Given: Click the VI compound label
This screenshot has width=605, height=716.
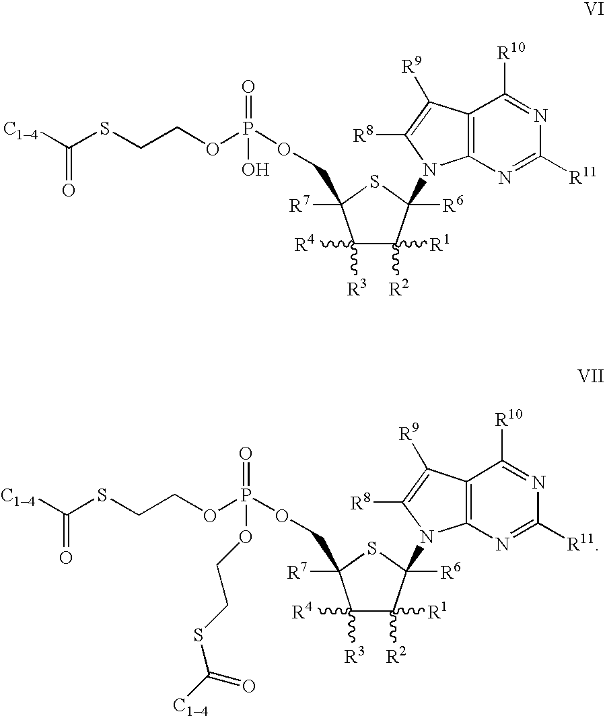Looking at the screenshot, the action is pos(594,9).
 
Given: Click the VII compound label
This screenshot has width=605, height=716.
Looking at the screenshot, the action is pos(591,376).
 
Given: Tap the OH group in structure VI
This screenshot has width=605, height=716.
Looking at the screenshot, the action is pos(255,170).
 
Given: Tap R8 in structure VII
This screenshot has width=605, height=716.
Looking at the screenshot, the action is pos(361,503).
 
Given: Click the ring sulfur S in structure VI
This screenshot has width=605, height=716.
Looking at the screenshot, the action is pos(374,183).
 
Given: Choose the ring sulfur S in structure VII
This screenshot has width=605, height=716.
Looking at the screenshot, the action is pos(372,550).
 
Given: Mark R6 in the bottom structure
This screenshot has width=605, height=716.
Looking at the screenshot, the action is pos(450,572).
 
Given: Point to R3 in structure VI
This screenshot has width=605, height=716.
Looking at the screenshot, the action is pos(357,289).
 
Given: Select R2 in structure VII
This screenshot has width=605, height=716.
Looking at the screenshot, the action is pos(396,656).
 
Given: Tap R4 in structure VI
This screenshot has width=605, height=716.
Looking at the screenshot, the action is pos(304,245).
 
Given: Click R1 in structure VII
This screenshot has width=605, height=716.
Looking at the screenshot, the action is pos(437,612).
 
